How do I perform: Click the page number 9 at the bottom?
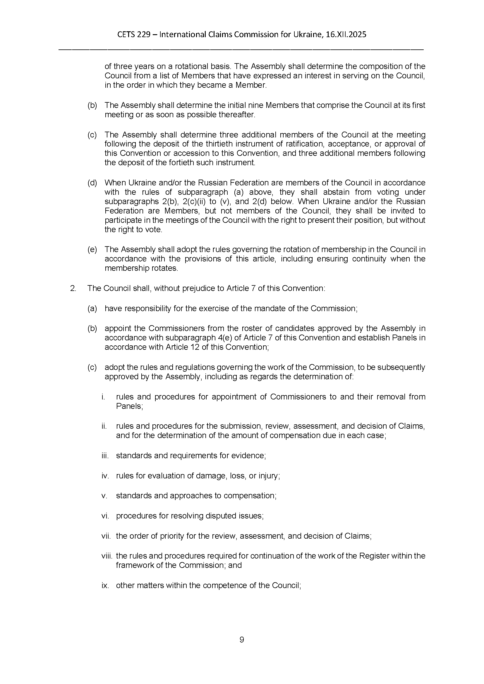pos(242,640)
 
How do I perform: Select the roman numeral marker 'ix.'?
pos(105,585)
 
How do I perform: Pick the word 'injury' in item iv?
pos(270,476)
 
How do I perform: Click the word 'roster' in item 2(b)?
pos(236,328)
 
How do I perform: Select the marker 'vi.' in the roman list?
pos(106,516)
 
